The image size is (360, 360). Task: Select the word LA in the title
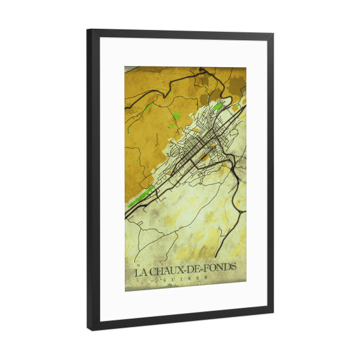click(141, 272)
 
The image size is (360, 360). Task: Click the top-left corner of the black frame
click(88, 30)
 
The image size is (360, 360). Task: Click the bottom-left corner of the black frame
click(89, 329)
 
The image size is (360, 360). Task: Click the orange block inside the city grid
click(205, 157)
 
